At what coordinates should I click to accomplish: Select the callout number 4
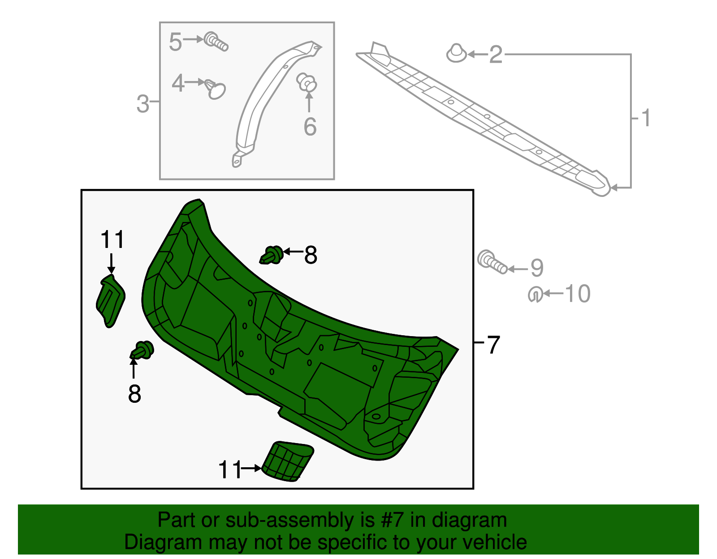pos(178,83)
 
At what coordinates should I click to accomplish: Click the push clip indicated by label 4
pos(216,89)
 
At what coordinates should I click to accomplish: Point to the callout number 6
pos(310,127)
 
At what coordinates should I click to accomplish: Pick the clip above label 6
pos(307,82)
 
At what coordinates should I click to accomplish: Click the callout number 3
pos(143,104)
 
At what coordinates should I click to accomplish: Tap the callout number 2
pos(495,55)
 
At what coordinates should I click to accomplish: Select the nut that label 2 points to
pos(457,53)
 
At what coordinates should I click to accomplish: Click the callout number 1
pos(645,118)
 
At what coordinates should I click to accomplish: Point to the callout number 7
pos(493,345)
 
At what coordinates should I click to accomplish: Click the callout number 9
pos(537,268)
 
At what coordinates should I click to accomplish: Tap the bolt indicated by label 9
pos(492,262)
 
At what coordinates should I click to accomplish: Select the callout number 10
pos(578,294)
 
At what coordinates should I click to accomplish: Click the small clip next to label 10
pos(535,294)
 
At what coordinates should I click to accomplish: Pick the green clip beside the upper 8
pos(272,255)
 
